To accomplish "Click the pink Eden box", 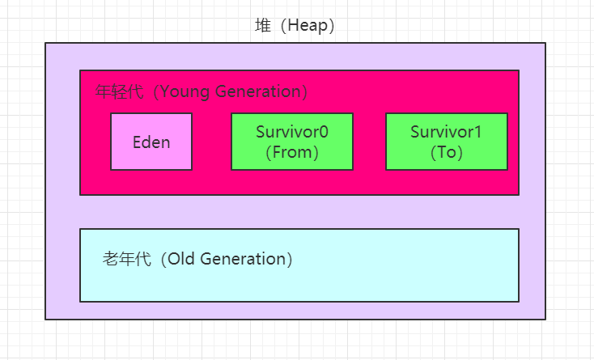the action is (x=151, y=142).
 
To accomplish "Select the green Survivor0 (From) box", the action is (x=292, y=142).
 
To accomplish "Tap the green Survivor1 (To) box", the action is (x=447, y=142).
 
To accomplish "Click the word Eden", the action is (x=151, y=142).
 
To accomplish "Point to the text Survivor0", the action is (x=292, y=132).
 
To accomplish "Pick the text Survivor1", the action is (x=446, y=132).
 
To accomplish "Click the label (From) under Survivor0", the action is (x=292, y=152).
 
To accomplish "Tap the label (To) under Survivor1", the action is (x=447, y=152).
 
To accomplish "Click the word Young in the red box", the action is (x=185, y=92).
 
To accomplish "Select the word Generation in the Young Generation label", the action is (x=258, y=91).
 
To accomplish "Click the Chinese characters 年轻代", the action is (x=119, y=91).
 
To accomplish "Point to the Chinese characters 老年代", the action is (x=127, y=259).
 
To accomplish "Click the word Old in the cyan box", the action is (x=181, y=259).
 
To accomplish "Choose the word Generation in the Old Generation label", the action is (x=243, y=259).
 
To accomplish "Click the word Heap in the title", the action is (x=308, y=26).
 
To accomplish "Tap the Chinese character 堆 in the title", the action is (x=263, y=25).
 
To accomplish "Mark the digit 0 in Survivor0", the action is (x=324, y=132).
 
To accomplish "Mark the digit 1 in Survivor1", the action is (x=477, y=132).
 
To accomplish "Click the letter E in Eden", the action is (x=137, y=142).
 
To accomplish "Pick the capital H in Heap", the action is (x=292, y=25).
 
